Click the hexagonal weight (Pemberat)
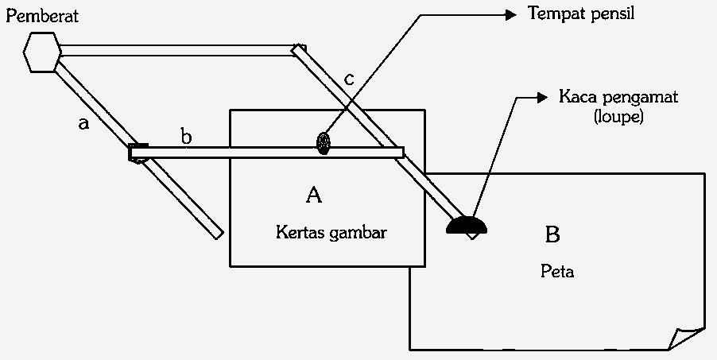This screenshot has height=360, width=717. click(42, 52)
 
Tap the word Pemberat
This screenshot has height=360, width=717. click(42, 16)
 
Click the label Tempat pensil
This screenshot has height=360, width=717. click(581, 14)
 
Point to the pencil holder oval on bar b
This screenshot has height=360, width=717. click(324, 143)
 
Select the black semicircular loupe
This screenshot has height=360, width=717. click(467, 225)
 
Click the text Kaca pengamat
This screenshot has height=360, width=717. click(618, 98)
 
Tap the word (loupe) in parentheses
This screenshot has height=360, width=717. click(618, 117)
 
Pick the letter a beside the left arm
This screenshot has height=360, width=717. click(83, 123)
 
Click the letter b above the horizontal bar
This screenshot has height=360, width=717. click(186, 137)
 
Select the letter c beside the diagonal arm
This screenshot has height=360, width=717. click(349, 80)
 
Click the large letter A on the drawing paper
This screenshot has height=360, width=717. click(314, 195)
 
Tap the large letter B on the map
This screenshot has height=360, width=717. click(552, 234)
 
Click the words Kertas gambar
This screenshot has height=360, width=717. click(331, 233)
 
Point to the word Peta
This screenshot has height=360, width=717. click(557, 272)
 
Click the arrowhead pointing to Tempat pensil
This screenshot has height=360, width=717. click(510, 15)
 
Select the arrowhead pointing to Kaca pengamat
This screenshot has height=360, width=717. click(541, 98)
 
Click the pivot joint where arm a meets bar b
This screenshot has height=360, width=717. click(138, 153)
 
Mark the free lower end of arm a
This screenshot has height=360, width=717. click(218, 234)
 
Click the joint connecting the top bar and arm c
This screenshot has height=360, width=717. click(299, 49)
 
